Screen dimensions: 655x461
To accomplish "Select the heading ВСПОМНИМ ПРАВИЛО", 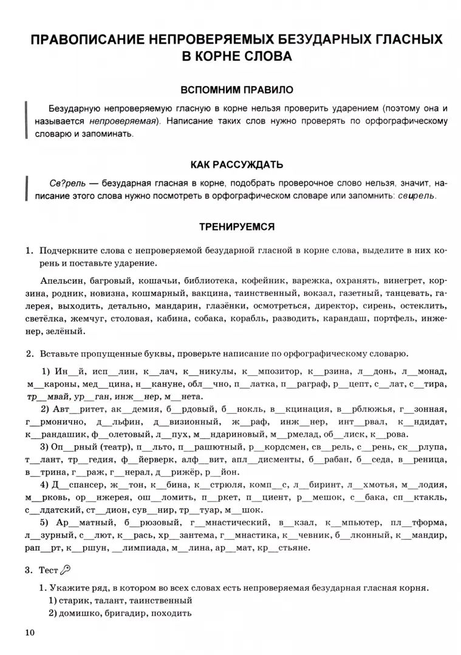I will tap(236, 90).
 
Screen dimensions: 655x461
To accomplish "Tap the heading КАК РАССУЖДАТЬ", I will tap(236, 164).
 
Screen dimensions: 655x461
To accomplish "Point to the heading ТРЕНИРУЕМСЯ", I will tap(236, 226).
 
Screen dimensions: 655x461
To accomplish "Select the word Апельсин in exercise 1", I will tap(62, 281).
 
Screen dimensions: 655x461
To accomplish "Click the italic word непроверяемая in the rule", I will tap(126, 121).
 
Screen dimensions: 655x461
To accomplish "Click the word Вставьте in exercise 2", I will tap(60, 353).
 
